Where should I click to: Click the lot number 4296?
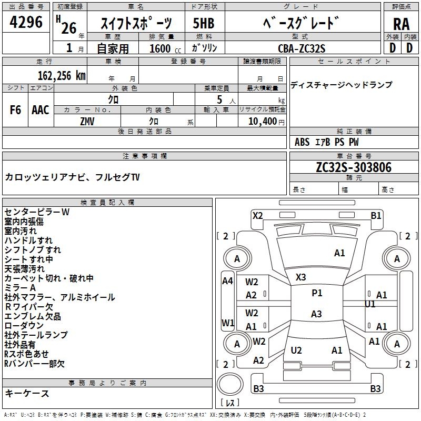(x=26, y=23)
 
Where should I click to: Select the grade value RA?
(x=401, y=24)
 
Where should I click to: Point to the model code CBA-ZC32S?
(x=302, y=48)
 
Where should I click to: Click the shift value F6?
(x=16, y=110)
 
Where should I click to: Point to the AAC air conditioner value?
(x=41, y=110)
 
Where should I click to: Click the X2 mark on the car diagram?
(x=257, y=215)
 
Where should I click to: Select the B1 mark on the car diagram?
(x=376, y=215)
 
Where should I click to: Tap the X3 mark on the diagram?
(x=300, y=277)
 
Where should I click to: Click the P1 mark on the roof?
(x=317, y=293)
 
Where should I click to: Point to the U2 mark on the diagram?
(x=296, y=350)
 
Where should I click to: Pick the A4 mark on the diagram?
(x=227, y=281)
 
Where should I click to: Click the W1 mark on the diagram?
(x=227, y=322)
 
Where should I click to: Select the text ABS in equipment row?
(x=302, y=142)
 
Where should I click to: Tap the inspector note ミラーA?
(x=20, y=288)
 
